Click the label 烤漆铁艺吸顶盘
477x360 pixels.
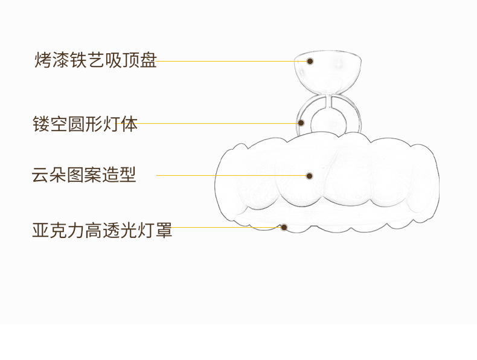click(95, 61)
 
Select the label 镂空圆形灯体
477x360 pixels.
click(85, 125)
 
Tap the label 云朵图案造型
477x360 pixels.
click(84, 175)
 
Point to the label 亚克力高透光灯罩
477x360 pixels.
click(102, 230)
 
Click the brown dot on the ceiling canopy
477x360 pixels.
click(310, 61)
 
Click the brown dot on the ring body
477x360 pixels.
click(301, 123)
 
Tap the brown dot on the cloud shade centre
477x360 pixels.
click(309, 176)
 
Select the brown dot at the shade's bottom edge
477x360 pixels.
click(284, 227)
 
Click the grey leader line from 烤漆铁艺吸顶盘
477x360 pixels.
click(229, 61)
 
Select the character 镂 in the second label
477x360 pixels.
click(40, 125)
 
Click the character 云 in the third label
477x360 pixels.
click(40, 175)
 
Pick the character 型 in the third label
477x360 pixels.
click(127, 175)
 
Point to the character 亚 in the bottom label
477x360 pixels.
click(40, 230)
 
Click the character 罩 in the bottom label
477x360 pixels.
click(164, 230)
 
